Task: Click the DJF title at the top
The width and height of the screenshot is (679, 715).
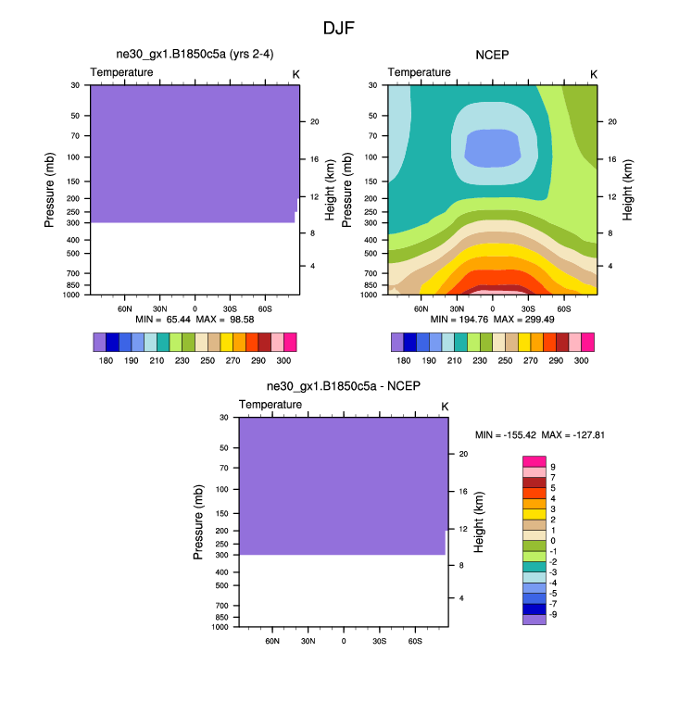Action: coord(338,28)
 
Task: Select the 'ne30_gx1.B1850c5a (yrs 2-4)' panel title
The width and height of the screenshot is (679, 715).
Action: coord(195,56)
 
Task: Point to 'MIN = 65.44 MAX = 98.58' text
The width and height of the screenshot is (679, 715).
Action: coord(194,320)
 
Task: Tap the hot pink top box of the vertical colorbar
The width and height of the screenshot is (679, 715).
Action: coord(534,461)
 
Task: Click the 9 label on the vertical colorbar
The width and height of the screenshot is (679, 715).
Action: coord(553,467)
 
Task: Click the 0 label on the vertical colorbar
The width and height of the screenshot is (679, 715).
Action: coord(553,540)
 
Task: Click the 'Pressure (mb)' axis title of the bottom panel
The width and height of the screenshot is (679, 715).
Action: coord(198,522)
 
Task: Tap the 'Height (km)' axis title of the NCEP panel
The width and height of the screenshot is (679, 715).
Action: coord(628,189)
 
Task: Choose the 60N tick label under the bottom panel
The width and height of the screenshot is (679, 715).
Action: coord(272,641)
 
